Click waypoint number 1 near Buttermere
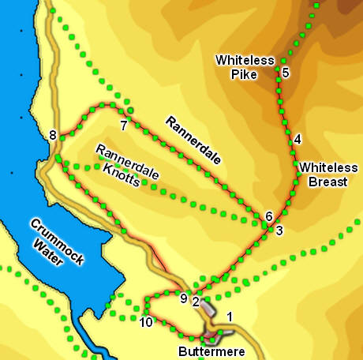(x=230, y=317)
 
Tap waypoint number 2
(x=195, y=300)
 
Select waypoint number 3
(x=279, y=231)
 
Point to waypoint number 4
(x=297, y=140)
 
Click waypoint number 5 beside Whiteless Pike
(x=286, y=73)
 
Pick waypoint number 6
(x=269, y=216)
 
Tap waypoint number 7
(x=124, y=126)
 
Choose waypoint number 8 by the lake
(x=53, y=136)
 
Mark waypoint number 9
(x=183, y=298)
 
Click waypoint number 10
(x=145, y=322)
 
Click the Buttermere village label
(x=208, y=352)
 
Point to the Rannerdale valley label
(x=193, y=140)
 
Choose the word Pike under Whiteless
(x=245, y=75)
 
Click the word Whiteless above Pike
(x=245, y=61)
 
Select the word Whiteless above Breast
(x=327, y=167)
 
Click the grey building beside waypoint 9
(x=206, y=306)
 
